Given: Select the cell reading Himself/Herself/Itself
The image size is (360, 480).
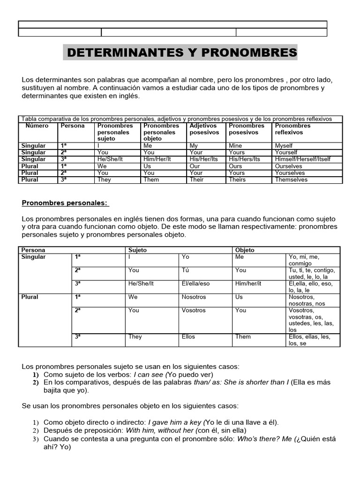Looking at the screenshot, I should coord(302,159).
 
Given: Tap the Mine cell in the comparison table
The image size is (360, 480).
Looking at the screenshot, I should coord(236,146).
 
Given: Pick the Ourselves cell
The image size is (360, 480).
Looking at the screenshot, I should coord(289,166).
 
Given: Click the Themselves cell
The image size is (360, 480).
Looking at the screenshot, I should coord(291,180).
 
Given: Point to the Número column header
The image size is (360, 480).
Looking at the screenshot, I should coord(37,126).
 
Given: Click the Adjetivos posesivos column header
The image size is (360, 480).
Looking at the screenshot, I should coord(204,129).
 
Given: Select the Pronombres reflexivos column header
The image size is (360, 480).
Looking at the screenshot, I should coord(292,129).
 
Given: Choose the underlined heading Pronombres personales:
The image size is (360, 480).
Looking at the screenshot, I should coord(65,202).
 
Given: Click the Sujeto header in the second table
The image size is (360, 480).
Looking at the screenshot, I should coord(137,250).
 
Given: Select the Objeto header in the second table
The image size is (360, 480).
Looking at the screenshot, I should coord(245,250).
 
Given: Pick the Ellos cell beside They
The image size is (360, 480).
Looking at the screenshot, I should coord(188,336).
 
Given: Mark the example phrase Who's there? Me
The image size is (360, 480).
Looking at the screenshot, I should coord(264,439).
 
